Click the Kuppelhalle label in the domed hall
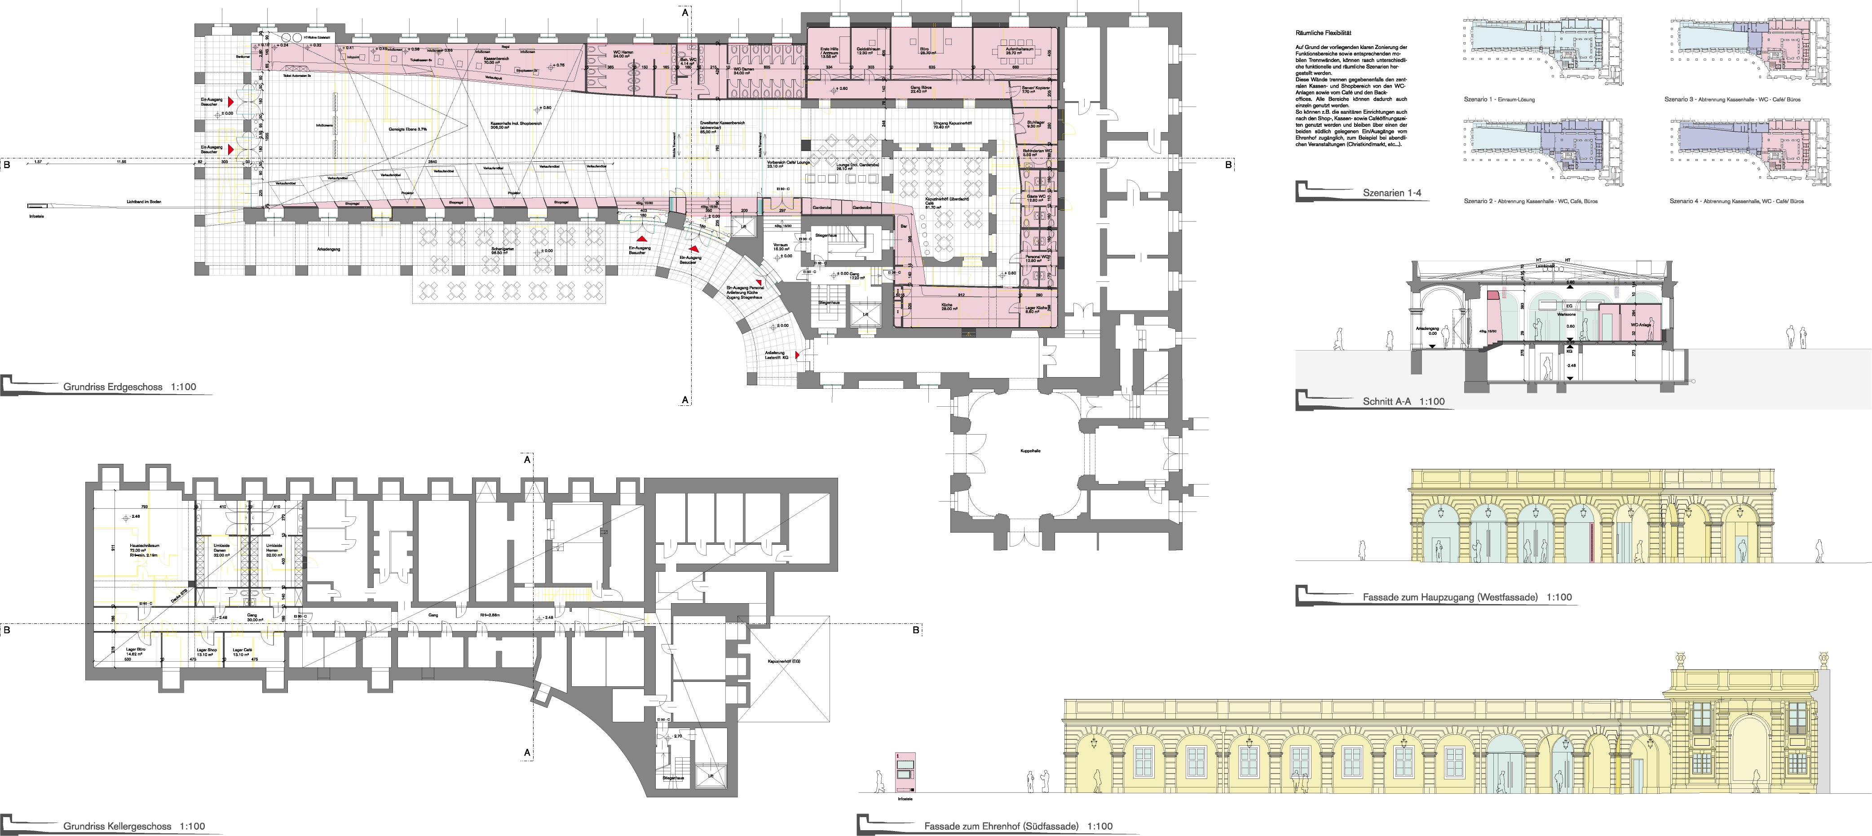(x=1030, y=451)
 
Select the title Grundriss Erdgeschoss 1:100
(x=129, y=387)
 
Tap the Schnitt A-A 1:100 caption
(x=1403, y=401)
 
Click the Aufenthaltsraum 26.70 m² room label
(x=1015, y=51)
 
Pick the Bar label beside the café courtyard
(x=904, y=226)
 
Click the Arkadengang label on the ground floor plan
(x=328, y=249)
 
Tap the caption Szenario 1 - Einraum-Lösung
(x=1498, y=100)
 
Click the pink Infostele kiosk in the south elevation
(x=905, y=772)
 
